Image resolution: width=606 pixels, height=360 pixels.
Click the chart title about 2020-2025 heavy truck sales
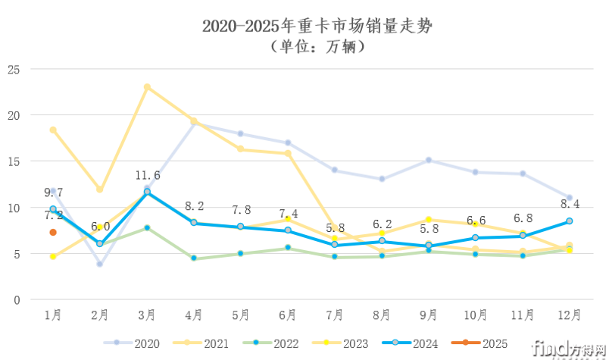pyautogui.click(x=317, y=26)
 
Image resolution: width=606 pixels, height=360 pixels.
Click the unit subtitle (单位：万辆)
pyautogui.click(x=317, y=47)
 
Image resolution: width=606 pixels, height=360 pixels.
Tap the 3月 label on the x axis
pyautogui.click(x=147, y=315)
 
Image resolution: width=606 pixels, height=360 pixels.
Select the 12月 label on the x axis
pyautogui.click(x=569, y=315)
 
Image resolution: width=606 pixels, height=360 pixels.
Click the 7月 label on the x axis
pyautogui.click(x=334, y=315)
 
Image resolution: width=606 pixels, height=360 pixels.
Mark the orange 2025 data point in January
pyautogui.click(x=53, y=233)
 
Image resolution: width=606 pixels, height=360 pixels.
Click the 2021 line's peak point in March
pyautogui.click(x=147, y=87)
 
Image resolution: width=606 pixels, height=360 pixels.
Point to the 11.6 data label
pyautogui.click(x=147, y=175)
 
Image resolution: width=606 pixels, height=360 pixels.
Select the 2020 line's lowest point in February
pyautogui.click(x=100, y=265)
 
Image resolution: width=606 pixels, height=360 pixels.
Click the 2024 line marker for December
pyautogui.click(x=569, y=221)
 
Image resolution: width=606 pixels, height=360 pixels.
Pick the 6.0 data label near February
pyautogui.click(x=100, y=227)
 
